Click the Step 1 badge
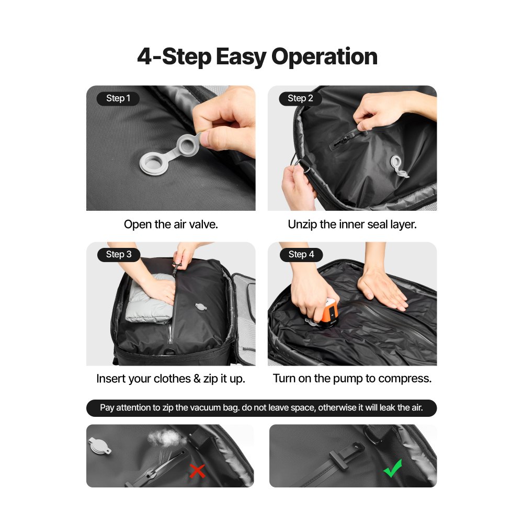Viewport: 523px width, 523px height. point(118,98)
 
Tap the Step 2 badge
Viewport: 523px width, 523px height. point(300,98)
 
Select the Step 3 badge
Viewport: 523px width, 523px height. point(118,255)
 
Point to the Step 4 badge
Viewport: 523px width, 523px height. point(301,255)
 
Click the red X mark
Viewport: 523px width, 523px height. point(197,471)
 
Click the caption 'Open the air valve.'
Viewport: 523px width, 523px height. point(170,224)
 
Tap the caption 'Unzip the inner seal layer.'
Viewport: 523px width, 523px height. point(352,224)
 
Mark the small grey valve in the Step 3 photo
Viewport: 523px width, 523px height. point(201,306)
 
